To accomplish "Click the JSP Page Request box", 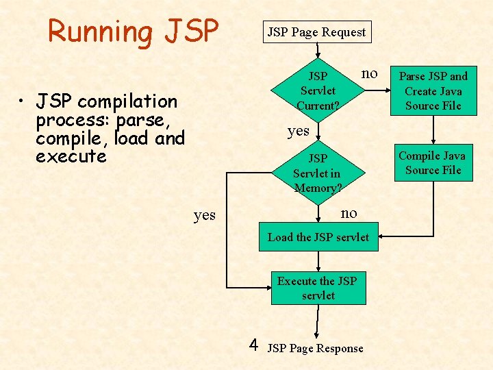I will (316, 32).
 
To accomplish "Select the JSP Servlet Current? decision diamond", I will (318, 90).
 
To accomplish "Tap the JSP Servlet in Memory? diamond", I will (318, 173).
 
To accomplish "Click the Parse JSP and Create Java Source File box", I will (433, 90).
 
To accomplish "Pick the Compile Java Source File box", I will (432, 163).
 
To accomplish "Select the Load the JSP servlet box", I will (318, 237).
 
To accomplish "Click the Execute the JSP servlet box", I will (318, 288).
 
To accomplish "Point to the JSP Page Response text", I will (315, 348).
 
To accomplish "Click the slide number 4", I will (253, 344).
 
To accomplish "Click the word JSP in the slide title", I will (191, 32).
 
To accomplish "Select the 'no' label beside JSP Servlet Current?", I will (369, 73).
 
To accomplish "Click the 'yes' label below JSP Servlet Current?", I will (298, 130).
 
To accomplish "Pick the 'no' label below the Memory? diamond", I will (349, 213).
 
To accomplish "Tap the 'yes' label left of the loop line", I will (204, 215).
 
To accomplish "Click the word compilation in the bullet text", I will (127, 102).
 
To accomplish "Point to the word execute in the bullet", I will (71, 156).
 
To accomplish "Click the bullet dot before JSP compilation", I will (23, 103).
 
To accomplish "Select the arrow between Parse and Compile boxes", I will (433, 130).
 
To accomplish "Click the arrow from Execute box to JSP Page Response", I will (318, 321).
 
